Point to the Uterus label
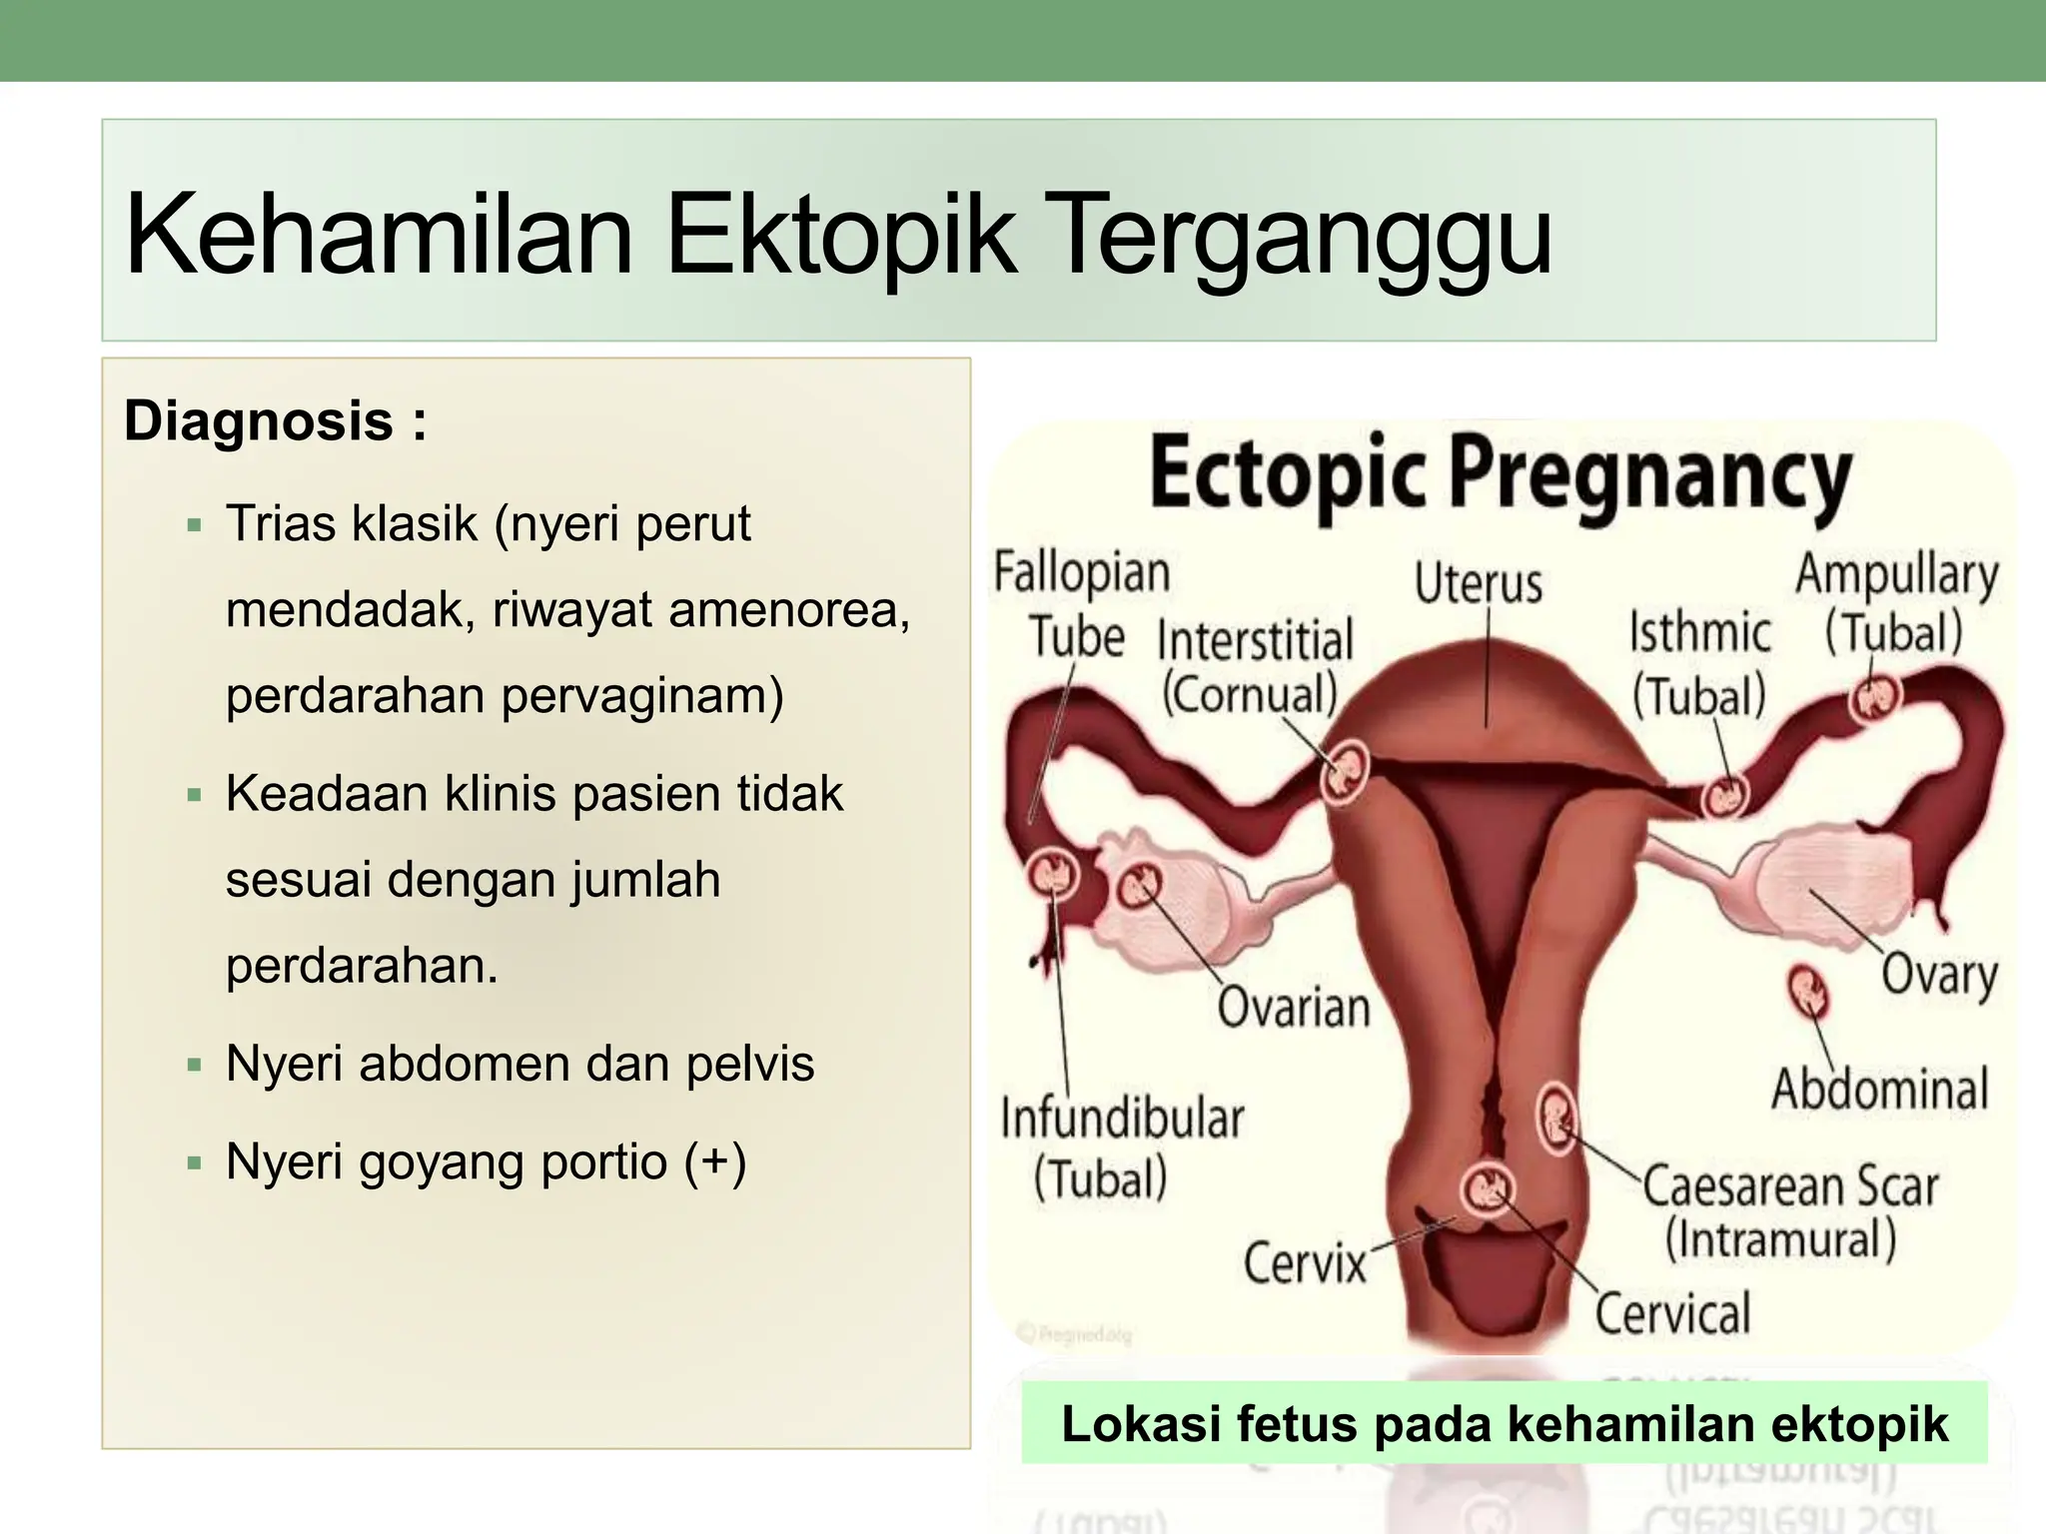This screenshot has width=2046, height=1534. pyautogui.click(x=1478, y=583)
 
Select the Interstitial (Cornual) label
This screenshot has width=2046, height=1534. pyautogui.click(x=1254, y=666)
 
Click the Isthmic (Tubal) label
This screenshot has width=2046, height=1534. pyautogui.click(x=1699, y=663)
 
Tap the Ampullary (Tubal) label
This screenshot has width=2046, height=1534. pyautogui.click(x=1895, y=603)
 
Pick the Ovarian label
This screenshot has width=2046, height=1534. pyautogui.click(x=1293, y=1007)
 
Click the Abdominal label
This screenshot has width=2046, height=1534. pyautogui.click(x=1879, y=1089)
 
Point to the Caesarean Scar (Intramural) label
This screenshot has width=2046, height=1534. pyautogui.click(x=1788, y=1211)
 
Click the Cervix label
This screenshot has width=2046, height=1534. pyautogui.click(x=1304, y=1264)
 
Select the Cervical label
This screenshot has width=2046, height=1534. pyautogui.click(x=1672, y=1313)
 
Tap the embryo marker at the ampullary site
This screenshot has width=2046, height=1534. pyautogui.click(x=1873, y=698)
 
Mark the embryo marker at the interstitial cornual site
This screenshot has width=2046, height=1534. pyautogui.click(x=1344, y=772)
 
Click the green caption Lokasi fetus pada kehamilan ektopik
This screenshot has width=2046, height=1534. pyautogui.click(x=1504, y=1423)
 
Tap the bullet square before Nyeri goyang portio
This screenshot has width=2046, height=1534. pyautogui.click(x=194, y=1162)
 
